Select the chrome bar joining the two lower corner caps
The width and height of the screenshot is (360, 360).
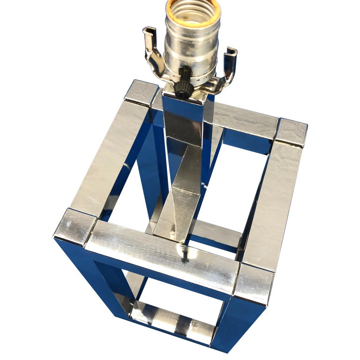[x=164, y=255]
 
